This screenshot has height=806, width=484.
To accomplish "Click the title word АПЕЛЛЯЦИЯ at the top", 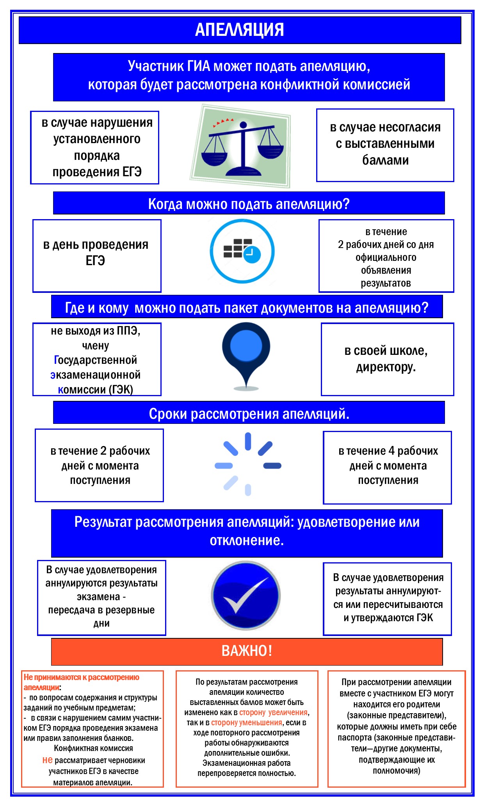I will [x=239, y=30].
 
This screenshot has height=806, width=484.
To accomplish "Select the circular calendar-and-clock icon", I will [x=242, y=251].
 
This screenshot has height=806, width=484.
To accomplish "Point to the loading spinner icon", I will [x=248, y=464].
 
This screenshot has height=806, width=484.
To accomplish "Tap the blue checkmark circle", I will [x=246, y=595].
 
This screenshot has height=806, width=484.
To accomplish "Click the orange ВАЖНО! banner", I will [x=247, y=651].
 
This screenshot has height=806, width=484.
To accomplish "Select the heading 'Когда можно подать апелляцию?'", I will [x=249, y=204].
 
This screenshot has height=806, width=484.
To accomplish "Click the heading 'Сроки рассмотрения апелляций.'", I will [x=249, y=413].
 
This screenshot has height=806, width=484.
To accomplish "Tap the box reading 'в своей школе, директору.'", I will [x=387, y=359].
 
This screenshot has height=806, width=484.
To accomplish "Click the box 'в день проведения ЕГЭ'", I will [x=96, y=255].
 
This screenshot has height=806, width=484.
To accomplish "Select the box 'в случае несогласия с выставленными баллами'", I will [x=385, y=145].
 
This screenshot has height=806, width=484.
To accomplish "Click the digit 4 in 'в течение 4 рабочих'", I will [x=391, y=451].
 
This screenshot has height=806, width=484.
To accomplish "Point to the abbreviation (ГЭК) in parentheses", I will [x=121, y=389].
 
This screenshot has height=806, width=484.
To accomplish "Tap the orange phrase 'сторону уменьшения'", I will [x=246, y=723].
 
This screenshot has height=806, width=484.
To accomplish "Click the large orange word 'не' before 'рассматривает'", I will [x=47, y=760].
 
